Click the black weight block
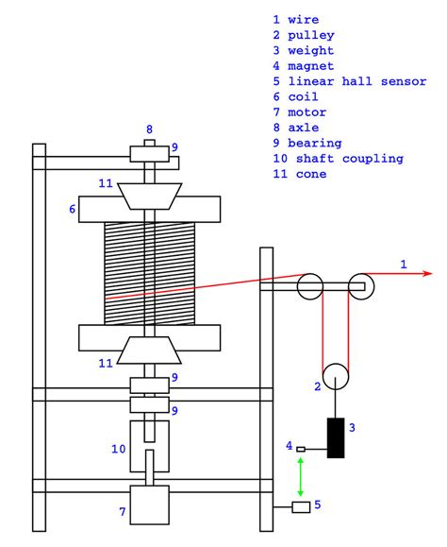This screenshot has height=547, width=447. coord(335,437)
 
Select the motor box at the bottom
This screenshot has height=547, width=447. coord(149,504)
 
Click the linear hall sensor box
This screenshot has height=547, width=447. coord(301,507)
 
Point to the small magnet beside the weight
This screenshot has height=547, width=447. coord(301,448)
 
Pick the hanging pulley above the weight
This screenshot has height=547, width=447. coord(335,376)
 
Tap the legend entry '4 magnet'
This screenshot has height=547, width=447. coord(307,66)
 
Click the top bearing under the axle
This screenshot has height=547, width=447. coord(149,152)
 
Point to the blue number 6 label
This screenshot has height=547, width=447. coord(72,208)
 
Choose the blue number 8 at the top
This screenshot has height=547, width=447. coord(149,128)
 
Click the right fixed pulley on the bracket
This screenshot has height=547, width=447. coord(358,284)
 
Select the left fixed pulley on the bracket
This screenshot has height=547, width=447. coord(310,284)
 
